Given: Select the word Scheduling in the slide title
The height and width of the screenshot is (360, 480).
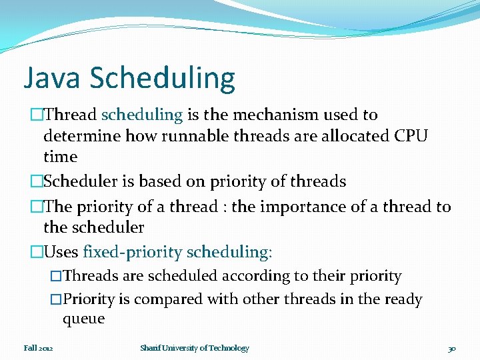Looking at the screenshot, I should [162, 79].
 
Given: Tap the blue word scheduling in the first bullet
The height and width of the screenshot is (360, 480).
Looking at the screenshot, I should [142, 115].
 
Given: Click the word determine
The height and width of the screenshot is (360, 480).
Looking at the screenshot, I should [83, 136].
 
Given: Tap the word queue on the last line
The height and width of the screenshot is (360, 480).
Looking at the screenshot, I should [83, 319].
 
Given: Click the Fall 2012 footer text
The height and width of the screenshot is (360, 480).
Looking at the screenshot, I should [38, 348].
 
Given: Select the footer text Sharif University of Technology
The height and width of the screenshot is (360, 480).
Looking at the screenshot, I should [195, 348].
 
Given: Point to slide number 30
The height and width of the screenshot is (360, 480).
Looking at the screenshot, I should [451, 348].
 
